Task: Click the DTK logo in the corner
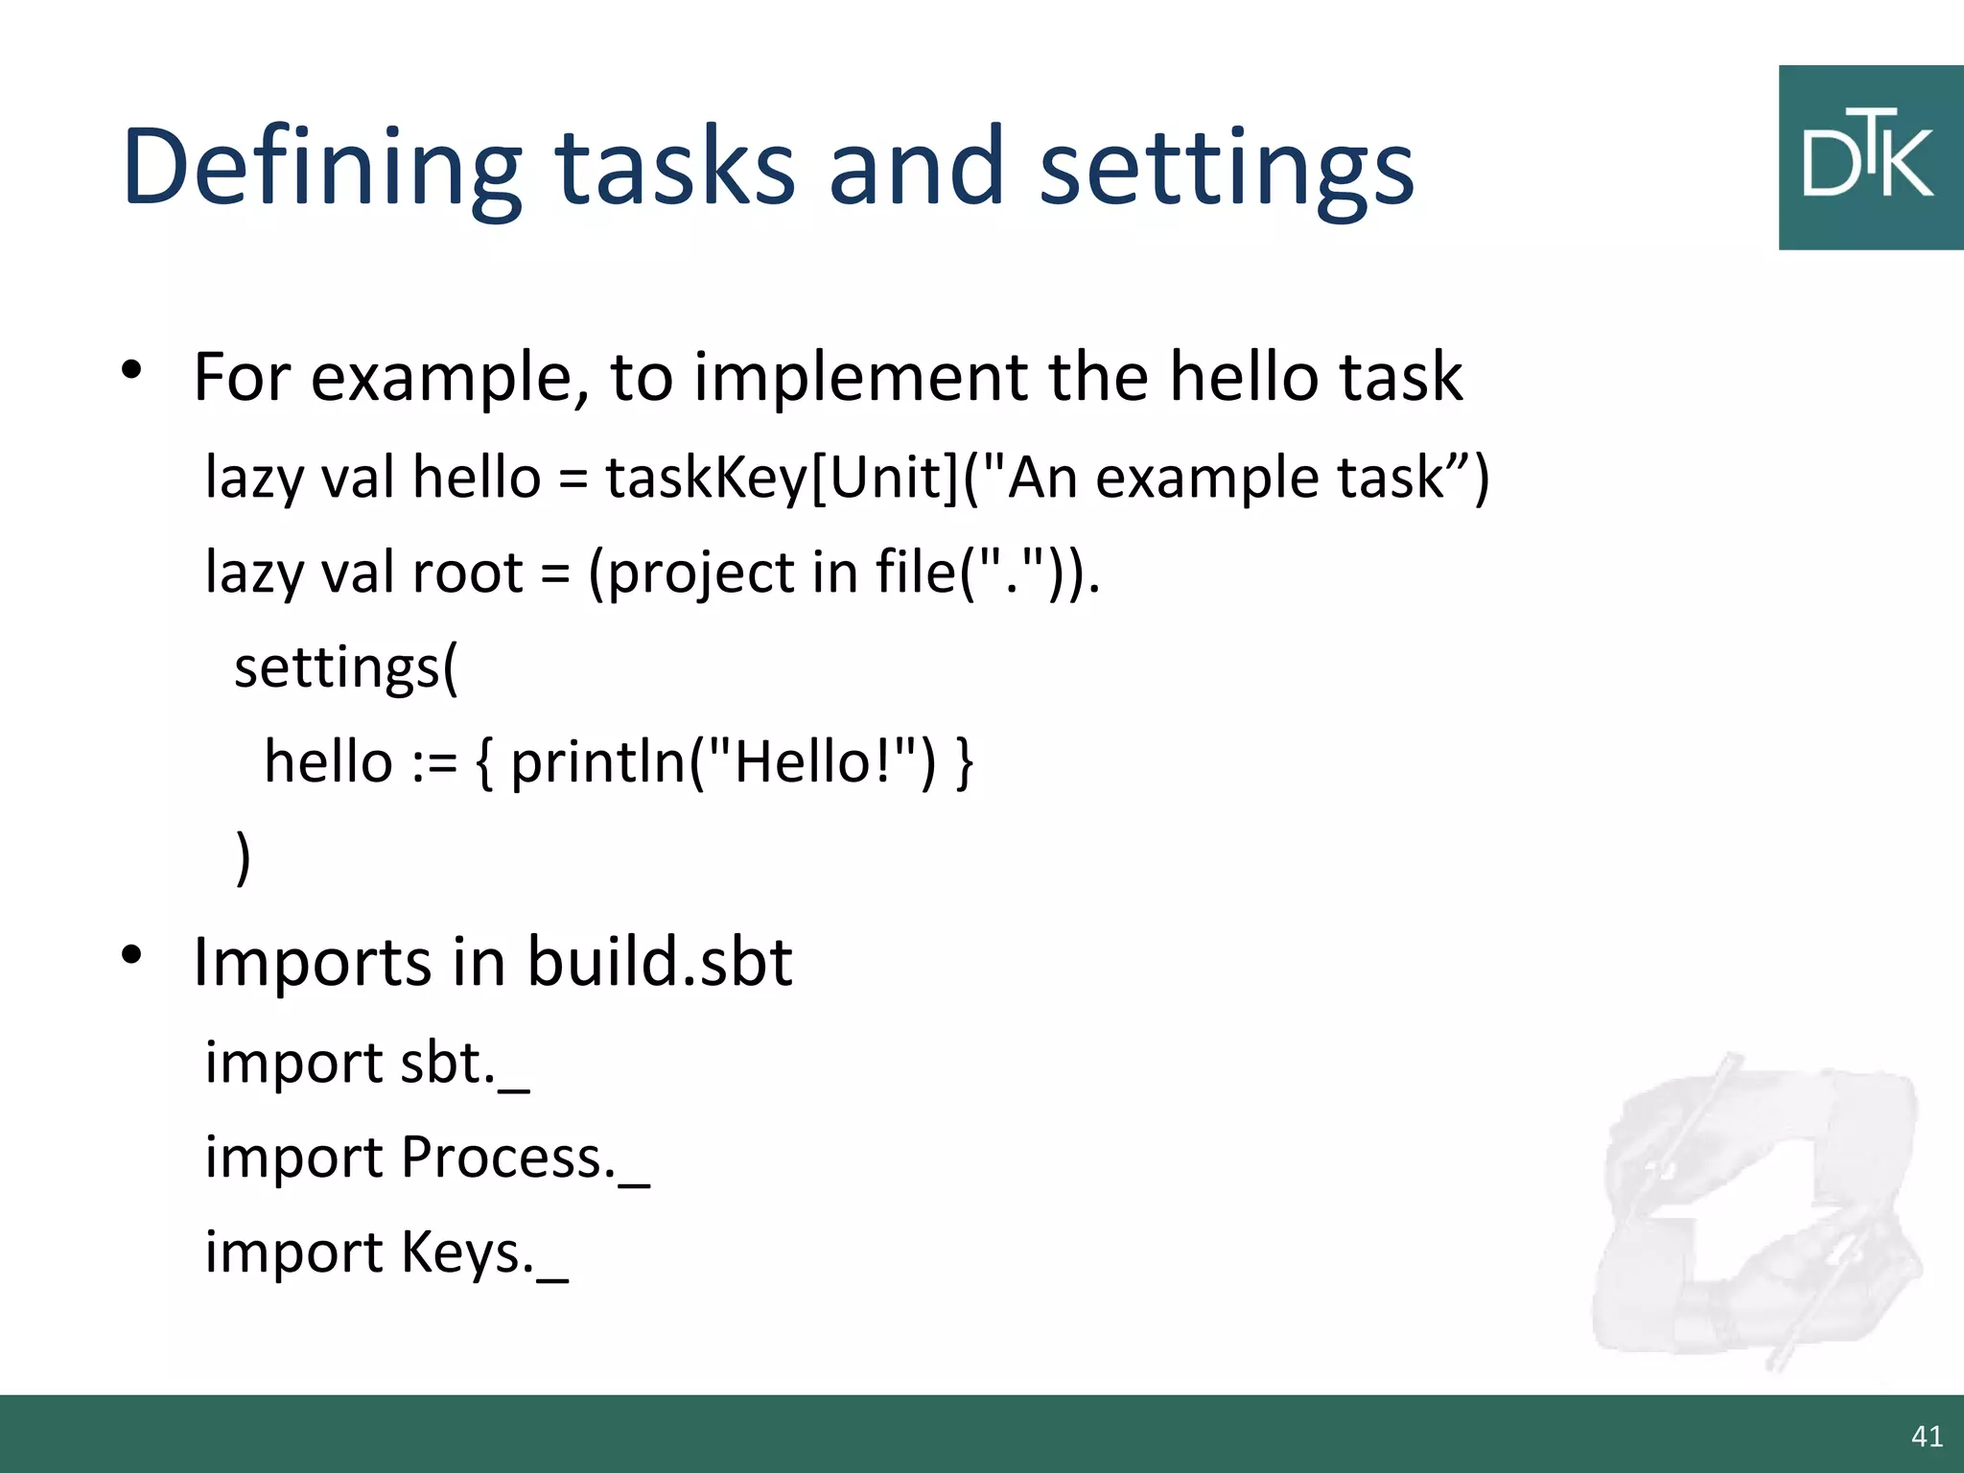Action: pos(1870,158)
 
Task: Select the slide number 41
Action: pos(1927,1436)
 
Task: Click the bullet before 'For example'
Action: pos(132,369)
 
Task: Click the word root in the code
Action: pos(467,573)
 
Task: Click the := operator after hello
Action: pos(434,762)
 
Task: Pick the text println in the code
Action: pos(598,762)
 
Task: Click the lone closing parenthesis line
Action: pos(244,855)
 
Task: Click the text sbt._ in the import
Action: pos(464,1063)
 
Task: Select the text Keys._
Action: pos(484,1252)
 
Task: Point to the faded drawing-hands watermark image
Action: pos(1755,1208)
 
